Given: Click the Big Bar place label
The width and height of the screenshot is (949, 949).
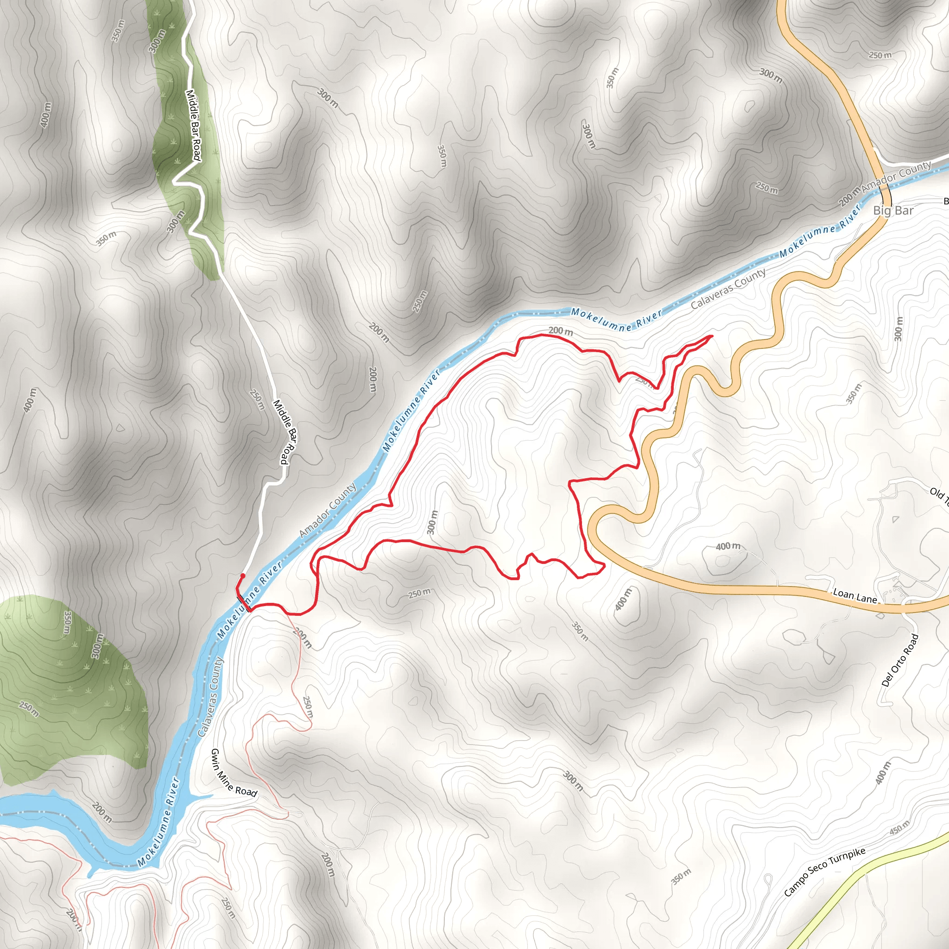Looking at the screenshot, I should click(x=893, y=211).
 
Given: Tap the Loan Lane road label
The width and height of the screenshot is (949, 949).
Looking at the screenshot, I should click(x=854, y=596).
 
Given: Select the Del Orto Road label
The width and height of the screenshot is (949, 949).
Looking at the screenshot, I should click(x=900, y=660).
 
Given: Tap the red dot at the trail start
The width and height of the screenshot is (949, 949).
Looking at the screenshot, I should click(x=243, y=576).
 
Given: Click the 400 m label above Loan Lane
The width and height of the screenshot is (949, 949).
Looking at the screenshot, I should click(x=728, y=546).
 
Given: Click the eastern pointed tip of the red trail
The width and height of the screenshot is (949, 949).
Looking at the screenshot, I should click(x=712, y=336).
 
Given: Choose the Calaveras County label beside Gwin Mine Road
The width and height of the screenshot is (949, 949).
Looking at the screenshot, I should click(x=210, y=697).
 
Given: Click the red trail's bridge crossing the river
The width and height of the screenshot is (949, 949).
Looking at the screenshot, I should click(x=244, y=603).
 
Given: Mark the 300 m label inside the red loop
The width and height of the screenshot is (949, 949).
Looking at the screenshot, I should click(x=431, y=522).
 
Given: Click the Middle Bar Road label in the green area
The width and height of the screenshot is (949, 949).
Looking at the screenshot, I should click(x=193, y=125).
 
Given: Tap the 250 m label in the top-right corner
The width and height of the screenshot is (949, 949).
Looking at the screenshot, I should click(x=880, y=55).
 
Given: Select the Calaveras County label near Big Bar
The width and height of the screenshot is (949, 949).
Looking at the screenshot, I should click(x=728, y=289).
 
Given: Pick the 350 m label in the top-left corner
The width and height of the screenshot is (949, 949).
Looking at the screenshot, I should click(x=118, y=31).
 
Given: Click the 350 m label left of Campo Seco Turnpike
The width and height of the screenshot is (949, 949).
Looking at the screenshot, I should click(x=681, y=876).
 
